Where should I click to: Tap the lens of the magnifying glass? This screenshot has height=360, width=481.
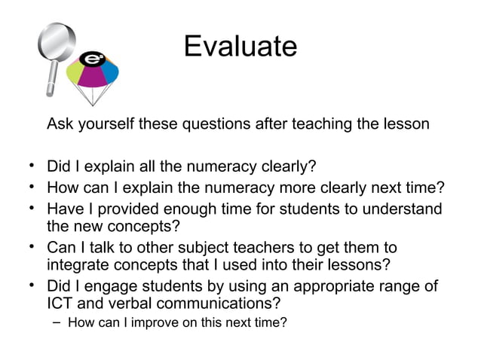point(57,41)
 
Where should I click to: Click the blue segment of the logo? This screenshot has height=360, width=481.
point(110,71)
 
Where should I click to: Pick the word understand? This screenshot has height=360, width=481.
point(399,208)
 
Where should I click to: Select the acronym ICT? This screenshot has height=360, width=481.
point(61,304)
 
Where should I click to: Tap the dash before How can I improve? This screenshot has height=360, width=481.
point(58,325)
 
